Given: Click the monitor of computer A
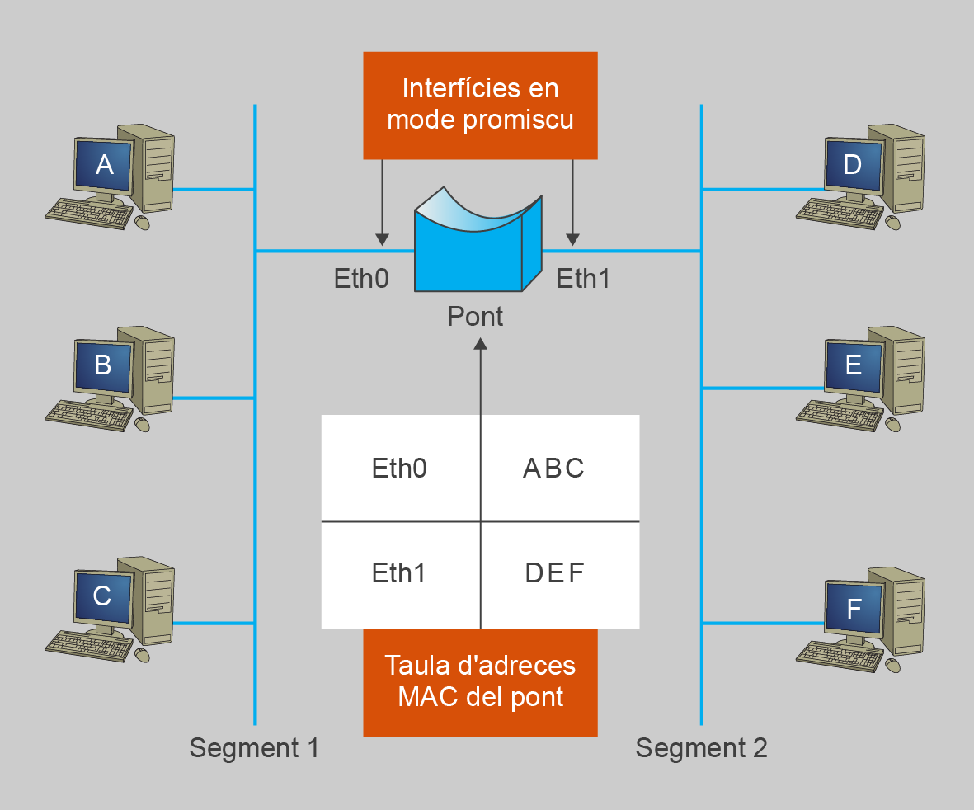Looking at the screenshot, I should pos(104,166).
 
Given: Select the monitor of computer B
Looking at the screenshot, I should pos(103,365).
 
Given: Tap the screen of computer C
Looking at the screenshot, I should pos(102,596).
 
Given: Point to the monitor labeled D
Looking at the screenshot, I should pos(853,165).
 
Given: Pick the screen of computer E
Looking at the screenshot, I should pos(854,365).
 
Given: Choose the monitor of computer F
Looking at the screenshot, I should pos(854,609).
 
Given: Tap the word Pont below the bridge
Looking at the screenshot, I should pos(475,316).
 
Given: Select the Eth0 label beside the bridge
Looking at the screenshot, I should pos(360,279).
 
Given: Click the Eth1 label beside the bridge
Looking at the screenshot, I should pos(583,279).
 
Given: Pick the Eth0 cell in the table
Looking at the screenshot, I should pos(399,469).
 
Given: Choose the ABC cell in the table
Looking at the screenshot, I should pos(554,469).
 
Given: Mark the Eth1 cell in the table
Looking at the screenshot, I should pos(399,573).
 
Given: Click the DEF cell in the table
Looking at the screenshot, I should pos(554,573).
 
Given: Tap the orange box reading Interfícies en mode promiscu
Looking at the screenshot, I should pos(480,105).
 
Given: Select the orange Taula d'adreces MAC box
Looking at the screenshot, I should pos(480,681).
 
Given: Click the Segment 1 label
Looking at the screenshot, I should pos(253,748).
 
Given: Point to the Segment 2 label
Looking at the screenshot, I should pos(701,748).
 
